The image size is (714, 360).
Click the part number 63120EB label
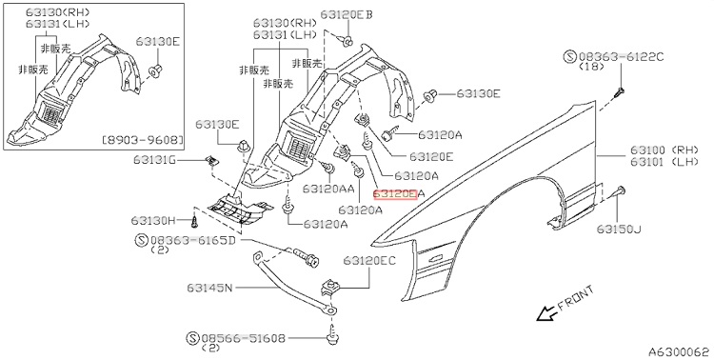click(347, 14)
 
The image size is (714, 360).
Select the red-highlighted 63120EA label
click(399, 194)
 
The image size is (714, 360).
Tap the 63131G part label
click(156, 159)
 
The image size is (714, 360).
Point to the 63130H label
click(153, 221)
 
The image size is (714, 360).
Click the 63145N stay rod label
click(209, 288)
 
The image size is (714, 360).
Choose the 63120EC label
click(369, 260)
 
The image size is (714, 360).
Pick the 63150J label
click(619, 230)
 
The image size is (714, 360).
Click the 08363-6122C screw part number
click(622, 56)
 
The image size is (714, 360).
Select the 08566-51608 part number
click(243, 338)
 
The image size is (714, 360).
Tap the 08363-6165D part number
click(193, 240)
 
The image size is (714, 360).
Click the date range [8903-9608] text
click(143, 138)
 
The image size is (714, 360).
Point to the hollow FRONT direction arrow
click(545, 313)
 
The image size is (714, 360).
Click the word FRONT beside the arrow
click(576, 297)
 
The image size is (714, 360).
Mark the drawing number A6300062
click(679, 351)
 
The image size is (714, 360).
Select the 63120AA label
click(328, 189)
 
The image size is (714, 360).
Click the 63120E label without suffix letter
click(431, 156)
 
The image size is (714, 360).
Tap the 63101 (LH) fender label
click(664, 160)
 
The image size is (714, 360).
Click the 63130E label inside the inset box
click(157, 42)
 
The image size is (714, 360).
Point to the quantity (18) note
click(591, 67)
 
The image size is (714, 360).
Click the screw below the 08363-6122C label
click(619, 92)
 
